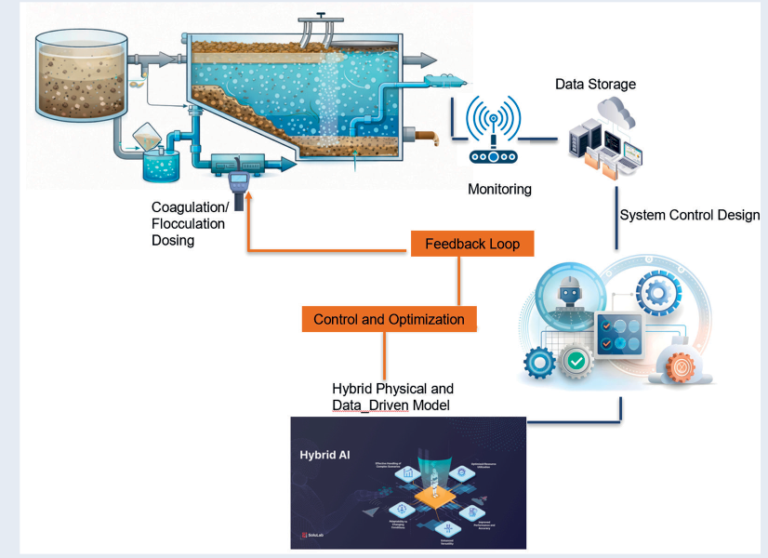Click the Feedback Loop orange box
pos(471,244)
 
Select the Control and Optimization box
pos(389,319)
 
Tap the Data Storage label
pos(595,85)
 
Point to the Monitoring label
pos(499,189)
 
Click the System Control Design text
pos(689,215)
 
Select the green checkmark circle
pos(576,360)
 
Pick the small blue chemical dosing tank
pos(164,165)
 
